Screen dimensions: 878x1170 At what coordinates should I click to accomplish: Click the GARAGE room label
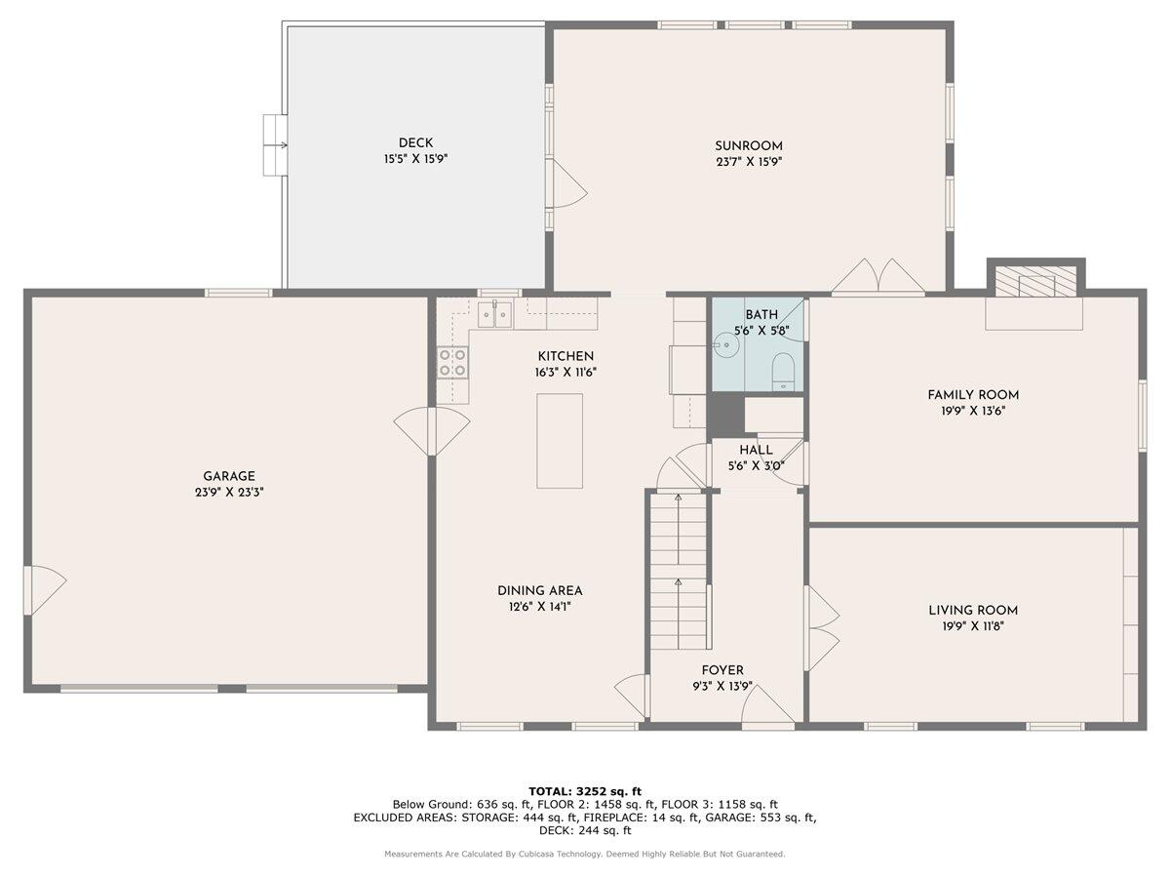[x=229, y=476]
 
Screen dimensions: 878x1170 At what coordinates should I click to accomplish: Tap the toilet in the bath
[x=784, y=371]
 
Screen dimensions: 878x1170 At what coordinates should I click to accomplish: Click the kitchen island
[x=560, y=441]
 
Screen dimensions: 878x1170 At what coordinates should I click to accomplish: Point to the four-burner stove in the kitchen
[x=451, y=363]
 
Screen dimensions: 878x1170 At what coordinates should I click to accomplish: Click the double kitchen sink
[x=494, y=315]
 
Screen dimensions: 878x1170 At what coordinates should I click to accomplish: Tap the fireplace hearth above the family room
[x=1034, y=284]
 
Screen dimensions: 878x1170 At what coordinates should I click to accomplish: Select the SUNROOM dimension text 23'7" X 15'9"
[x=748, y=162]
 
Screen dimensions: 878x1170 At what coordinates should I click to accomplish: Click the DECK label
[x=415, y=142]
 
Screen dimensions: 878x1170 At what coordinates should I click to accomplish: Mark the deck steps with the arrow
[x=275, y=145]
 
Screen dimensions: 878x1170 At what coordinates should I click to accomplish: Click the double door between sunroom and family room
[x=877, y=277]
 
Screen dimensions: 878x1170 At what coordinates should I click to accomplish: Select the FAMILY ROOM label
[x=973, y=395]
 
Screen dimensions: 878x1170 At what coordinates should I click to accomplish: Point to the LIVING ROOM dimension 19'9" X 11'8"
[x=973, y=626]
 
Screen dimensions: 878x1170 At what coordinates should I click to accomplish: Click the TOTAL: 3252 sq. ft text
[x=584, y=791]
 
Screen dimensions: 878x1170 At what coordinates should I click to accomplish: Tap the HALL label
[x=756, y=450]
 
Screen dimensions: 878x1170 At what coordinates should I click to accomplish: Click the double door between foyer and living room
[x=821, y=628]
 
